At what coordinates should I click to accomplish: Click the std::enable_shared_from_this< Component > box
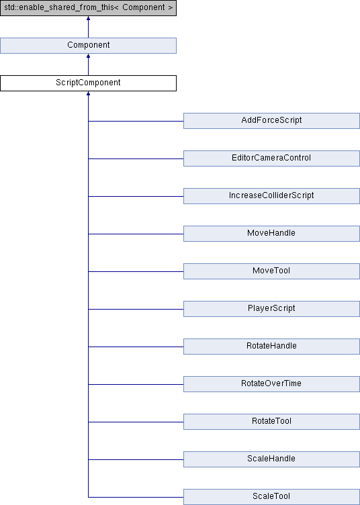point(88,8)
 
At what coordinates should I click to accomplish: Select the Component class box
point(88,46)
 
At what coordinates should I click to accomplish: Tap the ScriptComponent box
point(88,83)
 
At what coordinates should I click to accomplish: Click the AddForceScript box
point(271,121)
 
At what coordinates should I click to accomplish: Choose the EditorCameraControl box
point(271,158)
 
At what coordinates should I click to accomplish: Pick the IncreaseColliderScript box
point(271,196)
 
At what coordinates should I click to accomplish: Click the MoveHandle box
point(271,234)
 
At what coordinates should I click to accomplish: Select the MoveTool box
point(271,271)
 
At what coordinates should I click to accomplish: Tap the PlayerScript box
point(271,309)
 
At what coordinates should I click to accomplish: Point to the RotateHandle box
point(271,347)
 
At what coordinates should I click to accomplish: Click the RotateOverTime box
point(271,384)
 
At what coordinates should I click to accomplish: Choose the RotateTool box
point(271,422)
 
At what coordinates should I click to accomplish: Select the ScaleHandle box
point(271,459)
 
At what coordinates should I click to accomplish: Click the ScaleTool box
point(271,497)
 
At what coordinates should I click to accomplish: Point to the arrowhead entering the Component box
point(88,55)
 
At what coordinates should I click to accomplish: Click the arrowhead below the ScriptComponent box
point(88,93)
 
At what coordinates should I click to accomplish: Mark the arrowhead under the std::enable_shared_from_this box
point(88,17)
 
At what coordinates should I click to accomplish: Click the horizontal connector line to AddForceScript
point(136,121)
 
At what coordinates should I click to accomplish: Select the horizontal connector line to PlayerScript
point(136,309)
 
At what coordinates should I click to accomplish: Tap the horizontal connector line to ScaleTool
point(136,497)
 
